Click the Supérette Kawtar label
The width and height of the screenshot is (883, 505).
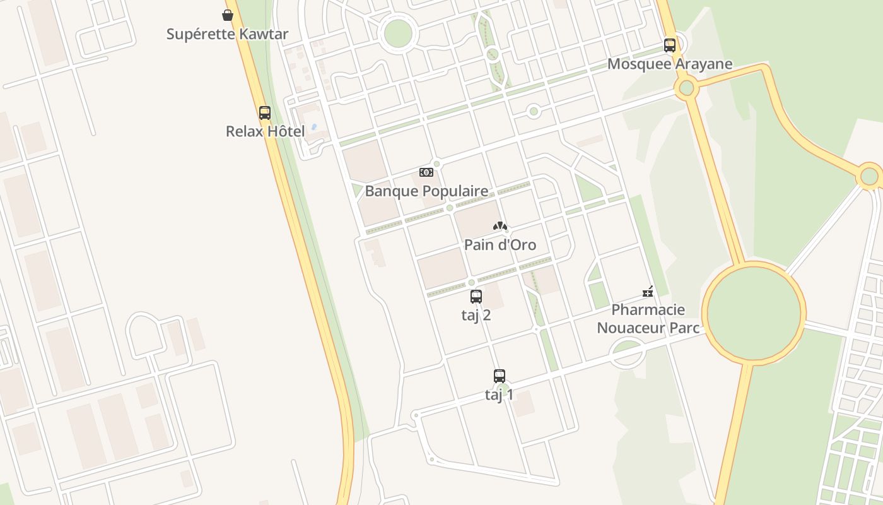pyautogui.click(x=227, y=34)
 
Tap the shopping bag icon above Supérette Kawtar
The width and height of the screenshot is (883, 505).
pyautogui.click(x=228, y=15)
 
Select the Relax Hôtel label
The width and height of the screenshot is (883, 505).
pyautogui.click(x=265, y=131)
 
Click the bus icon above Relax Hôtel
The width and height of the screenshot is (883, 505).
pyautogui.click(x=265, y=113)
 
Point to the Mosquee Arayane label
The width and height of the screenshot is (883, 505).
pyautogui.click(x=670, y=64)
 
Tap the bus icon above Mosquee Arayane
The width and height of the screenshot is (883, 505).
pyautogui.click(x=670, y=45)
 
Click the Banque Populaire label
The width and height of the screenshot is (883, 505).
pyautogui.click(x=426, y=191)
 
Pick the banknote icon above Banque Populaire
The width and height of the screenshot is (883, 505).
pyautogui.click(x=426, y=172)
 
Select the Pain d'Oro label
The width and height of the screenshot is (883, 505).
pyautogui.click(x=500, y=244)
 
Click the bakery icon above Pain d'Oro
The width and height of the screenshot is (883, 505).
pyautogui.click(x=500, y=226)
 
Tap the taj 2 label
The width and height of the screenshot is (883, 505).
pyautogui.click(x=476, y=315)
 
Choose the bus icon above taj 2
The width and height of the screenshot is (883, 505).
pyautogui.click(x=476, y=297)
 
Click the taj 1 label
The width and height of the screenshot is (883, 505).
pyautogui.click(x=500, y=395)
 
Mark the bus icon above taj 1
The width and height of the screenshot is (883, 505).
pyautogui.click(x=500, y=376)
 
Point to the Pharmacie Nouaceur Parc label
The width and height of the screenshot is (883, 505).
pyautogui.click(x=648, y=319)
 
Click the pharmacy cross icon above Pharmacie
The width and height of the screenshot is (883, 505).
pyautogui.click(x=648, y=292)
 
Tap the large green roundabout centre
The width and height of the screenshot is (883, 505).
pyautogui.click(x=754, y=312)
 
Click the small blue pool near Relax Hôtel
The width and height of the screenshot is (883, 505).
pyautogui.click(x=315, y=126)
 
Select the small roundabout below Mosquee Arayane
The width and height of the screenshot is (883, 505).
pyautogui.click(x=686, y=88)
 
